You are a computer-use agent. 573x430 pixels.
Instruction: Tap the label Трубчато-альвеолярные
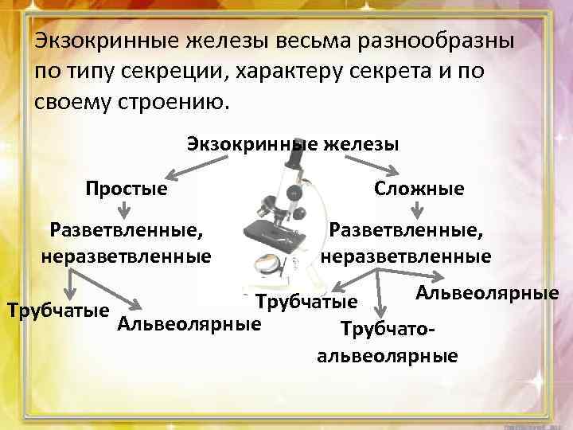click(x=387, y=342)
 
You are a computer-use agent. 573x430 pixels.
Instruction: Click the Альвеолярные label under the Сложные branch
click(x=487, y=293)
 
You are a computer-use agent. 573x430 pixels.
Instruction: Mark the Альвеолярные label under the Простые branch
click(x=189, y=324)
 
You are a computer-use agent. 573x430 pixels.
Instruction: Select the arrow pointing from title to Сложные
click(x=383, y=165)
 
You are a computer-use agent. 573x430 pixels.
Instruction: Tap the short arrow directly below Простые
click(x=124, y=211)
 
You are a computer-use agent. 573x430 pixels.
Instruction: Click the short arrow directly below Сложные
click(x=417, y=211)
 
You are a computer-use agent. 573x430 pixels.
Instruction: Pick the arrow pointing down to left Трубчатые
click(x=70, y=283)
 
